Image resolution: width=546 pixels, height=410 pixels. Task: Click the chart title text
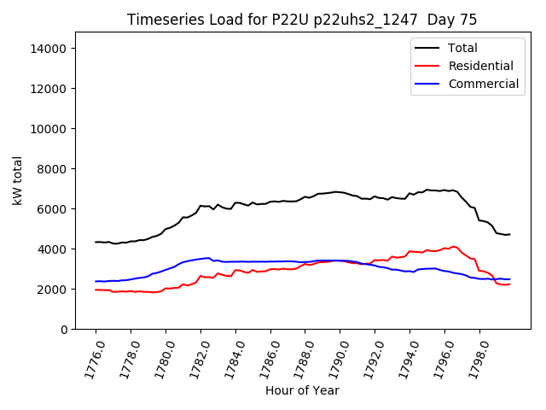(x=302, y=20)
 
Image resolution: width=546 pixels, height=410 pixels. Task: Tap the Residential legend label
(x=480, y=66)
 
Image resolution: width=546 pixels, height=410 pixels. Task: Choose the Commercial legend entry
(x=483, y=84)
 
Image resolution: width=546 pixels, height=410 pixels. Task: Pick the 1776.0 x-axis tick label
(x=90, y=354)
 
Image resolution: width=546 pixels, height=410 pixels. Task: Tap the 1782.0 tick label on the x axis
(x=195, y=354)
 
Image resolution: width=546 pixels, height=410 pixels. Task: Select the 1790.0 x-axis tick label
(x=334, y=354)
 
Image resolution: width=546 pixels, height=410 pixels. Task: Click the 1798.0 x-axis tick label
(x=473, y=354)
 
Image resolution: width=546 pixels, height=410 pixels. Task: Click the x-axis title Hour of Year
(x=302, y=390)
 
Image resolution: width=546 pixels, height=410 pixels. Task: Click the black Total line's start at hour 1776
(x=96, y=242)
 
